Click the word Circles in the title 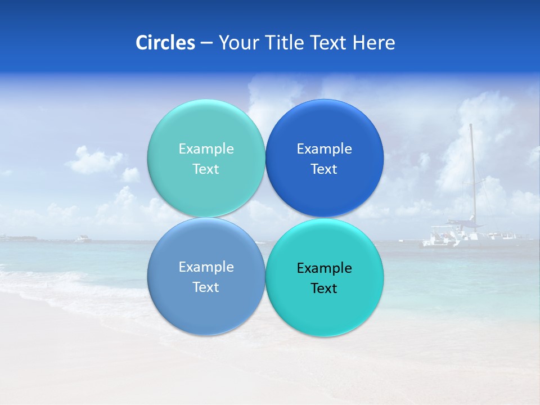tap(165, 43)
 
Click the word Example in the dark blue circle tap(325, 149)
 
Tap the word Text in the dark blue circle tap(325, 169)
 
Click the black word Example tap(325, 268)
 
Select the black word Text tap(325, 289)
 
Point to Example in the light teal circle tap(206, 149)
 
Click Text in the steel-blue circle tap(206, 287)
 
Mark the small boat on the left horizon tap(83, 239)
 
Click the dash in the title tap(206, 43)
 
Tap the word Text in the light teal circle tap(206, 169)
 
